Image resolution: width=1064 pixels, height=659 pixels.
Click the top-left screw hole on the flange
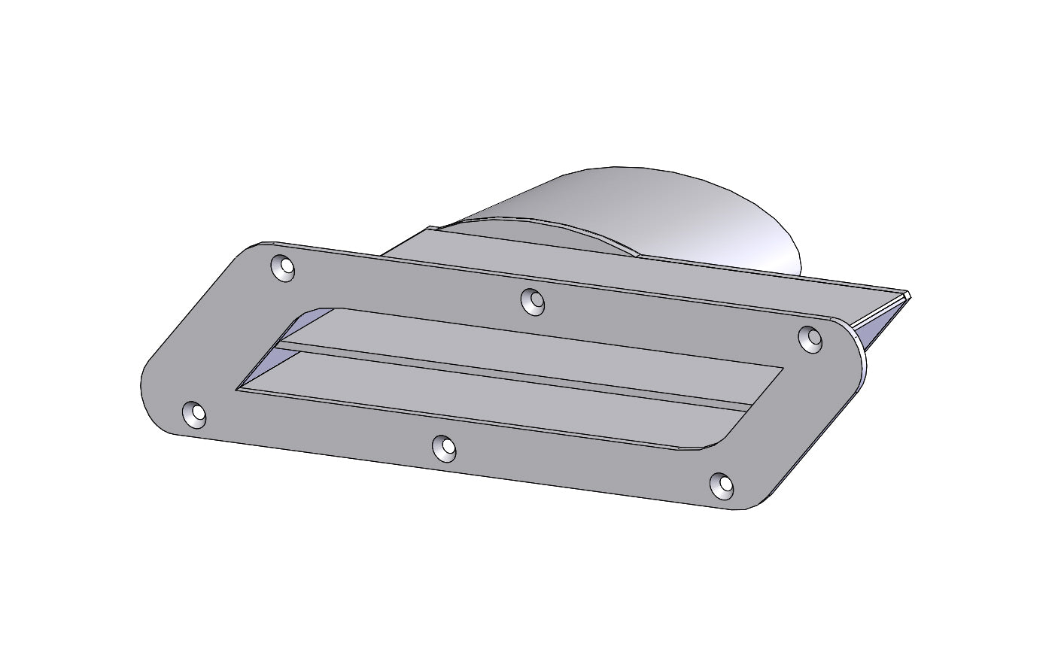point(283,269)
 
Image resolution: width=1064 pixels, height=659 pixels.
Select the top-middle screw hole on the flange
point(533,301)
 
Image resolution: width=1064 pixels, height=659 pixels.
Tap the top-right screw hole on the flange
point(810,339)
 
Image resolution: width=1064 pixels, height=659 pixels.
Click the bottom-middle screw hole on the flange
point(445,448)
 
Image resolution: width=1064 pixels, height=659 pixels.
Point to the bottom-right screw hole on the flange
point(722,486)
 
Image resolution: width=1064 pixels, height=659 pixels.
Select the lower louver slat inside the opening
point(489,399)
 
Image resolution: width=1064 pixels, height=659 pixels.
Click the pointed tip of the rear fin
point(908,294)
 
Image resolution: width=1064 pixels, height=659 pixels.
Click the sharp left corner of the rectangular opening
point(237,389)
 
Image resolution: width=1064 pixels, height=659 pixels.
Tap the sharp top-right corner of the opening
point(783,368)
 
